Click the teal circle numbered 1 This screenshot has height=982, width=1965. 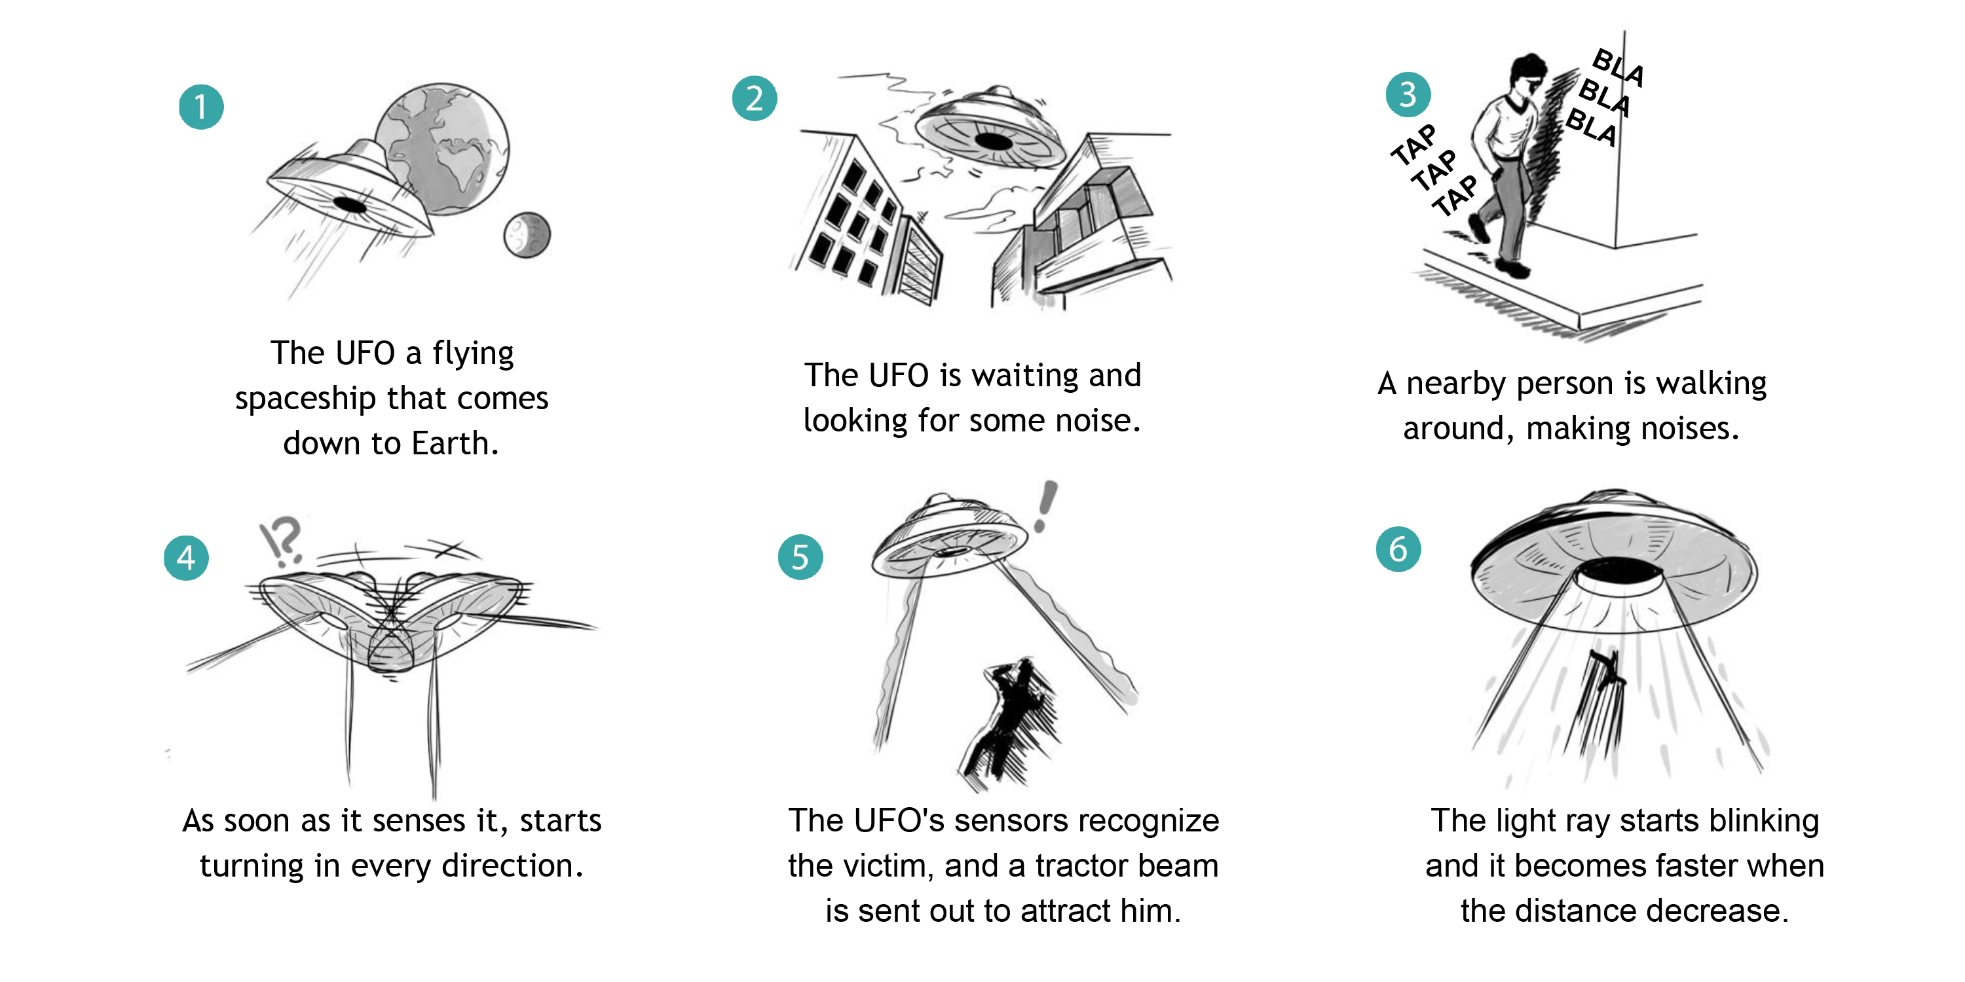point(201,107)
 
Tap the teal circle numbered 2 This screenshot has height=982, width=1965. point(755,98)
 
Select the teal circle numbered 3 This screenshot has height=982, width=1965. point(1408,94)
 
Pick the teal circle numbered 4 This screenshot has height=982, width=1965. point(186,558)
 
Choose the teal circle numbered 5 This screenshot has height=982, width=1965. point(800,556)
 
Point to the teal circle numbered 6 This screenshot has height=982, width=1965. point(1398,549)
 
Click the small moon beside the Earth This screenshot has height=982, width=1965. point(527,235)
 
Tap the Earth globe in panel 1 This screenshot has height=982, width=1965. point(442,149)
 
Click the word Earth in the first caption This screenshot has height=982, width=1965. point(456,443)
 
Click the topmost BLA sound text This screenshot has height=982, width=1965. point(1619,67)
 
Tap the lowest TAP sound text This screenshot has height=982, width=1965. point(1455,195)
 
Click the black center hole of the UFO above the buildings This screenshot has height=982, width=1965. point(994,141)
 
